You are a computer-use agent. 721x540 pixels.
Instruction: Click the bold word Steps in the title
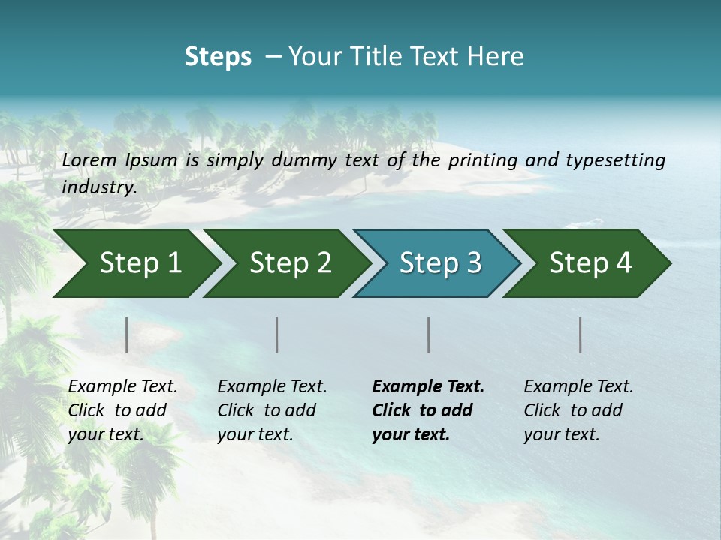tap(218, 56)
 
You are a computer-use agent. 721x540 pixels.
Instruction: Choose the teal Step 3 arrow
tap(440, 262)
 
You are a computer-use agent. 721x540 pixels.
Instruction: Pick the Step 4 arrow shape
tap(590, 262)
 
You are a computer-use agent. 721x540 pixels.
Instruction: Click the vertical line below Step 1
tap(127, 334)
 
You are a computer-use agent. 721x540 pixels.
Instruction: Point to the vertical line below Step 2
tap(277, 334)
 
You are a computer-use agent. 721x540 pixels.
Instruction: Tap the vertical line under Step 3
tap(429, 334)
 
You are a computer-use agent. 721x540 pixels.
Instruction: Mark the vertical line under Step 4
tap(581, 334)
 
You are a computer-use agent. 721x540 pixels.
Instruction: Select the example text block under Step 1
tap(122, 409)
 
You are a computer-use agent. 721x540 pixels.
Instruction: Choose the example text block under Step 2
tap(272, 409)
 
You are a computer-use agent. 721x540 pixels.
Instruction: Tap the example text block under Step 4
tap(578, 409)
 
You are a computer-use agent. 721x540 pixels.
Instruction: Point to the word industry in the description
tap(99, 187)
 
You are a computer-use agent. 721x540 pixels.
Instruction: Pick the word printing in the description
tap(481, 160)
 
